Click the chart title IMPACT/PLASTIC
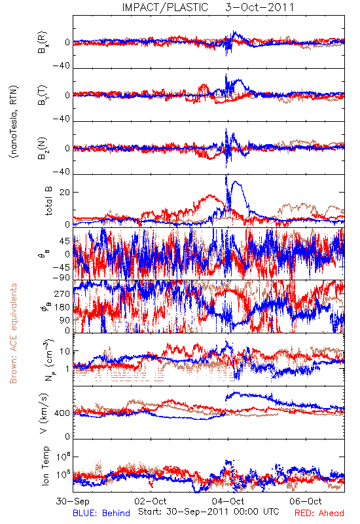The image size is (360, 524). [x=165, y=7]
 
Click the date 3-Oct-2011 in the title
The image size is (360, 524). [x=259, y=7]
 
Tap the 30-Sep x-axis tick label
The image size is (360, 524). [x=73, y=501]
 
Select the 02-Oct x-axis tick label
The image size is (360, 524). [x=151, y=501]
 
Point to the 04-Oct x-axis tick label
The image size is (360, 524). [x=228, y=501]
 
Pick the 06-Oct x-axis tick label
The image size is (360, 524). [x=306, y=501]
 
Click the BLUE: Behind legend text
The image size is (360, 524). [x=101, y=514]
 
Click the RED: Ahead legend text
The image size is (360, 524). [x=319, y=514]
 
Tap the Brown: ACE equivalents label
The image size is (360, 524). [x=13, y=333]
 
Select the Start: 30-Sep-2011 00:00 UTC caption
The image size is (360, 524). [x=209, y=512]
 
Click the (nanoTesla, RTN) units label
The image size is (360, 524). [x=14, y=122]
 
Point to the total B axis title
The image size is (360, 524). [x=48, y=201]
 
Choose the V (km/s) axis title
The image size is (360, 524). [x=44, y=413]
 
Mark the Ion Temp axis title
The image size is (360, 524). [x=46, y=466]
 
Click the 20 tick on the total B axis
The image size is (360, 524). [x=65, y=193]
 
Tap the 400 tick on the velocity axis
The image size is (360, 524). [x=62, y=413]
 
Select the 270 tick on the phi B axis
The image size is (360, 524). [x=62, y=294]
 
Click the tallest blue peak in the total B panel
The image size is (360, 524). [x=226, y=176]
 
